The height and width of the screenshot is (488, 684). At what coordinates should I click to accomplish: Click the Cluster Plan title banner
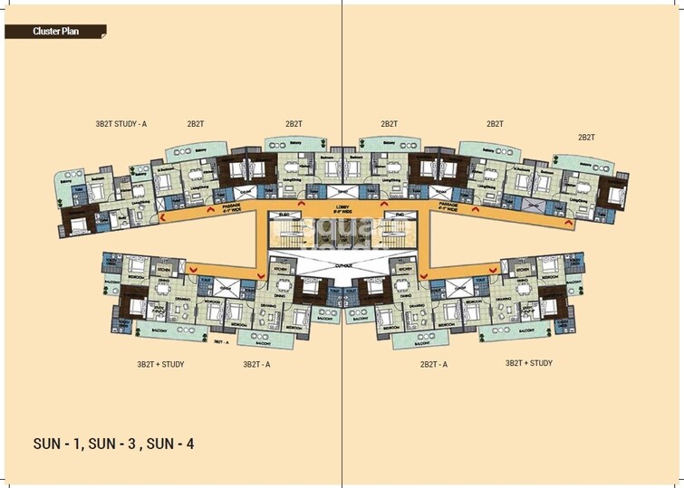click(x=55, y=32)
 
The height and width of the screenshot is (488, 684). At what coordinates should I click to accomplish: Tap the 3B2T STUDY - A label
click(x=121, y=124)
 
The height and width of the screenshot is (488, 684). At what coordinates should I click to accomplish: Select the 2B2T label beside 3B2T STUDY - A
click(x=195, y=124)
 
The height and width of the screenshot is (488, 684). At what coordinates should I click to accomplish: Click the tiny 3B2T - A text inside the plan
click(x=220, y=341)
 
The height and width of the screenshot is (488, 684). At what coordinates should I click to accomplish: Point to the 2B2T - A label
click(x=435, y=364)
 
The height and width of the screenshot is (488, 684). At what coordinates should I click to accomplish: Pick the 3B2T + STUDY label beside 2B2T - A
click(x=529, y=364)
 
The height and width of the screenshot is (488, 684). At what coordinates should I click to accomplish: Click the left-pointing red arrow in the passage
click(x=162, y=217)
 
